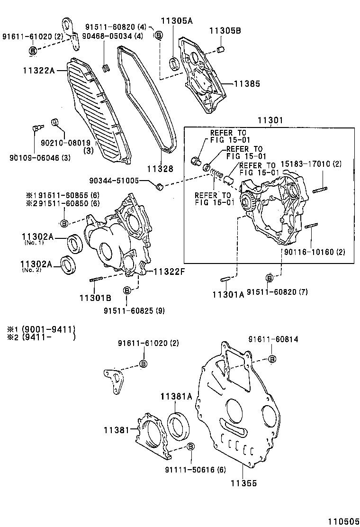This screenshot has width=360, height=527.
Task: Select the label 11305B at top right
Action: tap(225, 31)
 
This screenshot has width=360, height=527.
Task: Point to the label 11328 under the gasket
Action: tap(160, 169)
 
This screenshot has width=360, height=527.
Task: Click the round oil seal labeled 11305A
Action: tap(175, 62)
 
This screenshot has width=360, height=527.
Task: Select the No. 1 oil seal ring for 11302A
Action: tap(74, 243)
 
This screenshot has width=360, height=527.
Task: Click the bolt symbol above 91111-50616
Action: tap(190, 446)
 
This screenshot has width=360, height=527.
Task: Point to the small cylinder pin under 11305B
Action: tap(220, 48)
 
